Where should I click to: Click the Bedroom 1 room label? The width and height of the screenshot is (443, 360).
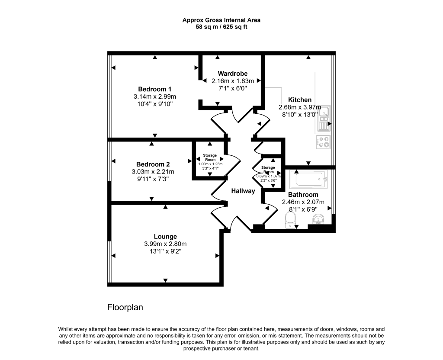coord(155,89)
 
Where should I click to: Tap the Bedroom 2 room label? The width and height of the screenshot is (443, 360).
coord(153,164)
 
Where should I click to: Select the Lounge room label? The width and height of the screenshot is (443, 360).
coord(165,236)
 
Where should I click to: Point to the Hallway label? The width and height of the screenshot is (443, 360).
coord(243,191)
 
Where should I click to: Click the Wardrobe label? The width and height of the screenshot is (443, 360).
coord(232,73)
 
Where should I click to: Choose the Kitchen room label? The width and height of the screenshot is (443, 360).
coord(300,100)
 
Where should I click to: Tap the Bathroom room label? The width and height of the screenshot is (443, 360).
coord(303,195)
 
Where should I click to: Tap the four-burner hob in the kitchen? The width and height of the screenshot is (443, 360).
coord(323,142)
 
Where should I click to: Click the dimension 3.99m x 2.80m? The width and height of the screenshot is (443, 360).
coord(165,244)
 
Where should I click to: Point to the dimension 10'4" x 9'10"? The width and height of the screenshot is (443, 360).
coord(155,104)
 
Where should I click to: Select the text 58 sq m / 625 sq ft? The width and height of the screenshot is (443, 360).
coord(221,27)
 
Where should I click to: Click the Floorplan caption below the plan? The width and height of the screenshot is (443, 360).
coord(125,308)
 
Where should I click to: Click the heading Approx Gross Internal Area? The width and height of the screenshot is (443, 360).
coord(221,20)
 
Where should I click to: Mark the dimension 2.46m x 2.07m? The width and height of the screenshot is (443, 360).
coord(303,202)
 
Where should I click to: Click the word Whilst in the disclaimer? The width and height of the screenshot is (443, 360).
coord(66,329)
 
